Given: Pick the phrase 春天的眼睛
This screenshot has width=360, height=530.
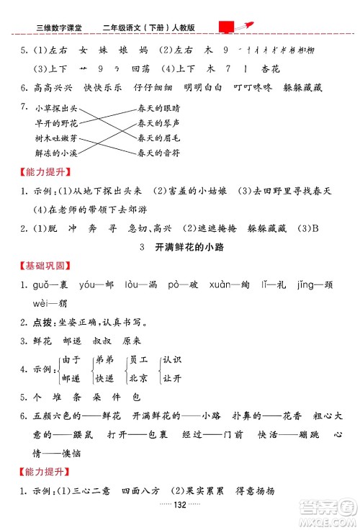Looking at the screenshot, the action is pyautogui.click(x=158, y=108).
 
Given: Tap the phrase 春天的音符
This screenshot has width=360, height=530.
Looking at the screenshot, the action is pyautogui.click(x=158, y=153).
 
